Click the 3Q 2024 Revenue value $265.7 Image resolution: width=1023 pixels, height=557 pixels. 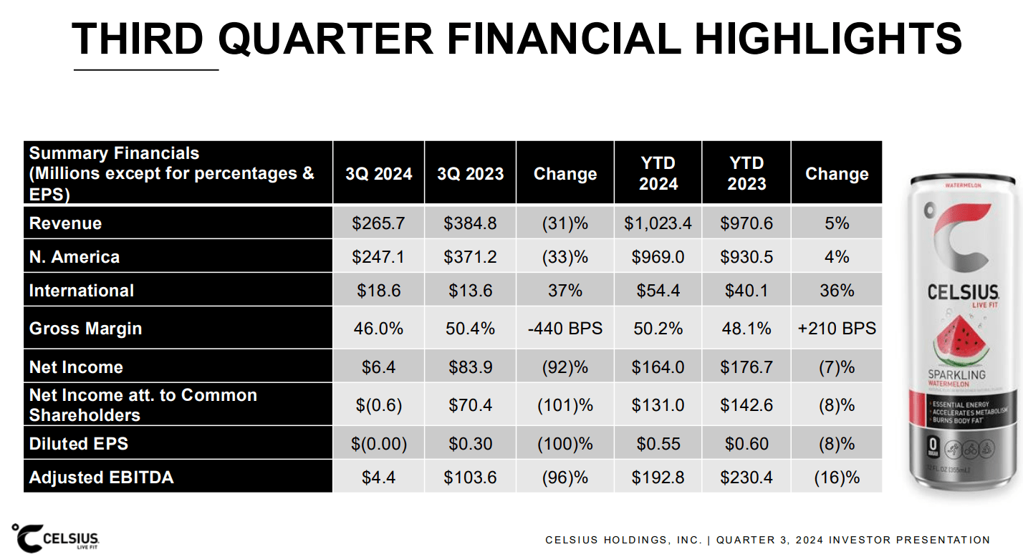coord(378,223)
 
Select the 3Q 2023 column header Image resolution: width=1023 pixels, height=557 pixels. coord(470,174)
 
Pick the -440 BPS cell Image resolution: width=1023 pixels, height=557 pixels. coord(565,329)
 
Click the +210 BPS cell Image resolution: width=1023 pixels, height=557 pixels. coord(836,329)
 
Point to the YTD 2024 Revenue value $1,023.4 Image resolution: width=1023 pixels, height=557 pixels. coord(658,223)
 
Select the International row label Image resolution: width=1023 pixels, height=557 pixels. coord(81,291)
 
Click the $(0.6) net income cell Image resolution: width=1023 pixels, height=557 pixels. coord(378,405)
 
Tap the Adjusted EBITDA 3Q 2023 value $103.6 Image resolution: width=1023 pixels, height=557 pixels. coord(470,477)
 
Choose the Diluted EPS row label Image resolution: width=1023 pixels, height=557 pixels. coord(78,443)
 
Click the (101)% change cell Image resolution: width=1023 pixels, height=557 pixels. coord(565,405)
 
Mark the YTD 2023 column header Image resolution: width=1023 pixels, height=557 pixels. coord(746,174)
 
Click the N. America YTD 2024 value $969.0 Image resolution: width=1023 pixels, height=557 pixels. coord(658,257)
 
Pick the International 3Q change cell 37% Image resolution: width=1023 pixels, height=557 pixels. coord(565,291)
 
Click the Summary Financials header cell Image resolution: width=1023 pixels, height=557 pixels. coord(178,173)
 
